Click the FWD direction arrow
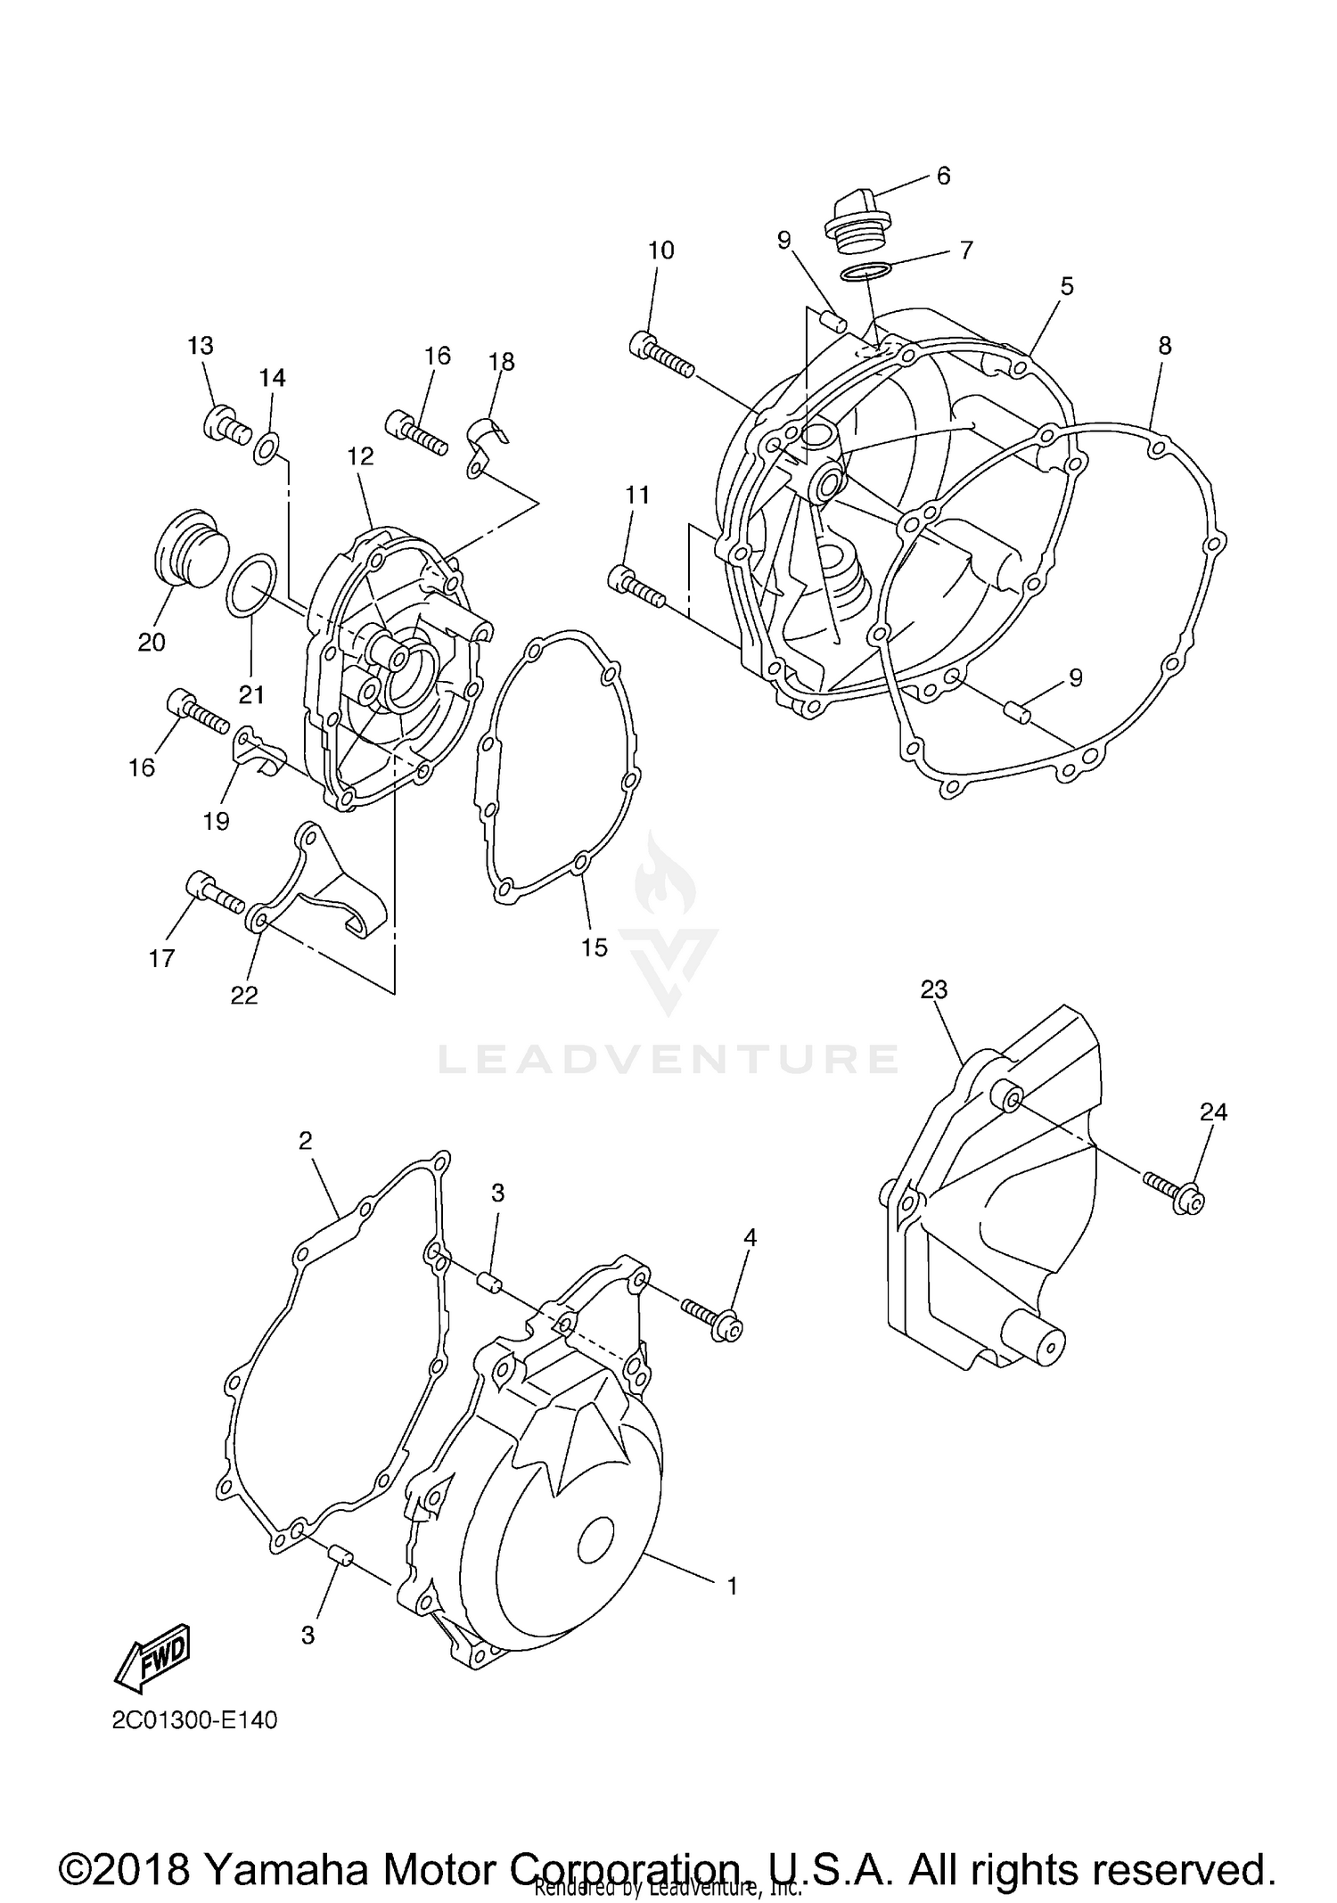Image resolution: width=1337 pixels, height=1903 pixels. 152,1657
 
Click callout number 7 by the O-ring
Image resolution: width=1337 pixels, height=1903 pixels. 966,250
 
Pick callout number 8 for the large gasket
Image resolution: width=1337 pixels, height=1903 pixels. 1165,347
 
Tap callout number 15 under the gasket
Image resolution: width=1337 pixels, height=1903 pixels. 594,947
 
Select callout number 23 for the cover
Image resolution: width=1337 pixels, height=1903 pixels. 933,989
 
